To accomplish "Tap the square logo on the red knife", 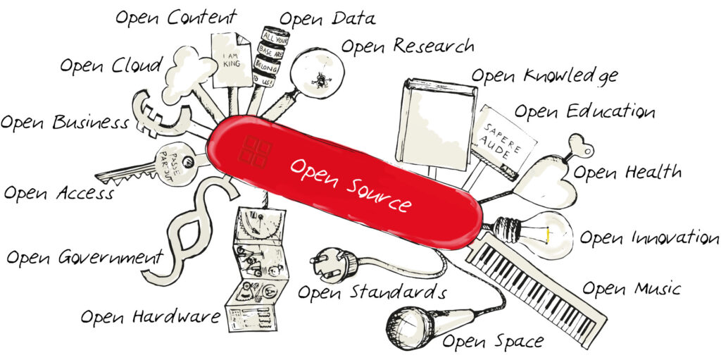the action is pyautogui.click(x=254, y=151).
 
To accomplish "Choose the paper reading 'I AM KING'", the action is pyautogui.click(x=231, y=60).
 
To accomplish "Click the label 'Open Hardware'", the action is pyautogui.click(x=150, y=317).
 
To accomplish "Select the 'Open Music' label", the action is pyautogui.click(x=631, y=289).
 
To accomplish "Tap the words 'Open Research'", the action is pyautogui.click(x=407, y=46).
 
